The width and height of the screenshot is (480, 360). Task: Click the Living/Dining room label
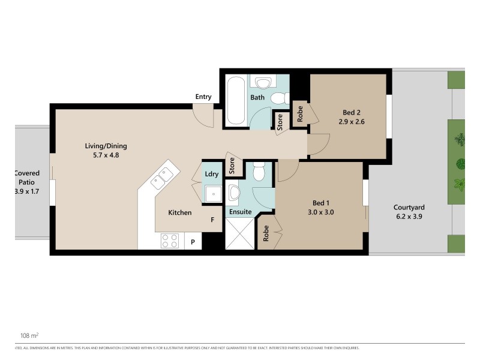[106, 146]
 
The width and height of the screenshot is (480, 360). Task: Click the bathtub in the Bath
[235, 100]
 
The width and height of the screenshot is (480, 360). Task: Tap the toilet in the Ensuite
[259, 173]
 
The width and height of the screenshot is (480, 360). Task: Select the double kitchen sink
[163, 176]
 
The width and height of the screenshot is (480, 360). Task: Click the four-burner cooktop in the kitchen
[169, 241]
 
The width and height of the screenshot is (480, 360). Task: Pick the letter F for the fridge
[212, 220]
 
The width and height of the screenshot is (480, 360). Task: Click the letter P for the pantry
[193, 242]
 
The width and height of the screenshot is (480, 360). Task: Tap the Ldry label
[211, 174]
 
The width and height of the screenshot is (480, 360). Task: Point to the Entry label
[203, 97]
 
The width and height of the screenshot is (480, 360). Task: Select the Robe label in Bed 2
[300, 114]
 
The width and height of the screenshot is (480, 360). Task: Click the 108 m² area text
[29, 336]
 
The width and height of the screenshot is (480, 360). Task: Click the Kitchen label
[179, 212]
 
